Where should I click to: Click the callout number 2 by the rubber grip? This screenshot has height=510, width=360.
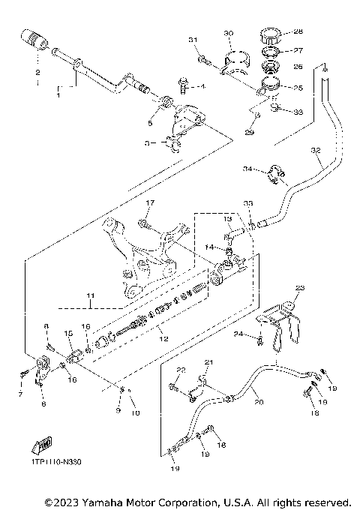pos(35,73)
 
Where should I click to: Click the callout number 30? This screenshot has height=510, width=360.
pos(229,33)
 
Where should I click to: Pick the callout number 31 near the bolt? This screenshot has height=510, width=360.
pos(192,39)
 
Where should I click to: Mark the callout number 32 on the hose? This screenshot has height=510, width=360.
pos(315,151)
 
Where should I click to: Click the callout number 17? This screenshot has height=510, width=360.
pos(148,202)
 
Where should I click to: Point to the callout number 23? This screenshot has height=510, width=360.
pos(300,288)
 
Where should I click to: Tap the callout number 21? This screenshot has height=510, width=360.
pos(209,363)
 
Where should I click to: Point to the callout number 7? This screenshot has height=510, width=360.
pos(20,394)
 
